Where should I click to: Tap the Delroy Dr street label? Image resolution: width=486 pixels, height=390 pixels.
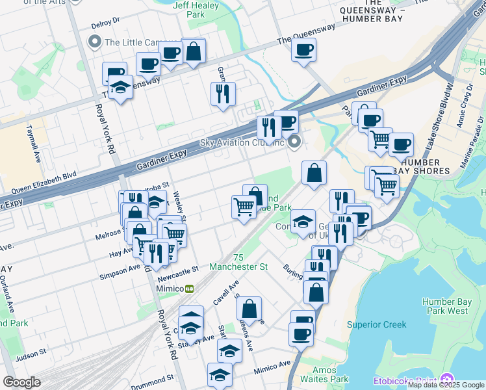(x=107, y=22)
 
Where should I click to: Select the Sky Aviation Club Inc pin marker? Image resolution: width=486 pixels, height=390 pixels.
(x=295, y=142)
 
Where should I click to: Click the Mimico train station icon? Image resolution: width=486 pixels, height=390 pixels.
(x=189, y=289)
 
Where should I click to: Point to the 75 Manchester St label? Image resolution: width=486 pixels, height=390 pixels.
(x=238, y=262)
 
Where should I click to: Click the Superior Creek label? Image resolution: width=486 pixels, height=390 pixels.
(x=376, y=324)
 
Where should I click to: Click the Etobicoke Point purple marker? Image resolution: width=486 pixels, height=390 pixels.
(x=446, y=380)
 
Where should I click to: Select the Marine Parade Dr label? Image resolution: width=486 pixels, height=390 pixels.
(x=471, y=144)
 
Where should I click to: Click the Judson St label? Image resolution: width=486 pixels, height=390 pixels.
(x=31, y=356)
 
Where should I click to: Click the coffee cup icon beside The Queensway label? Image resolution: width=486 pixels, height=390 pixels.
(x=303, y=50)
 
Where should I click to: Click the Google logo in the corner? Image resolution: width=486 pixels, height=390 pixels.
(x=21, y=382)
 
